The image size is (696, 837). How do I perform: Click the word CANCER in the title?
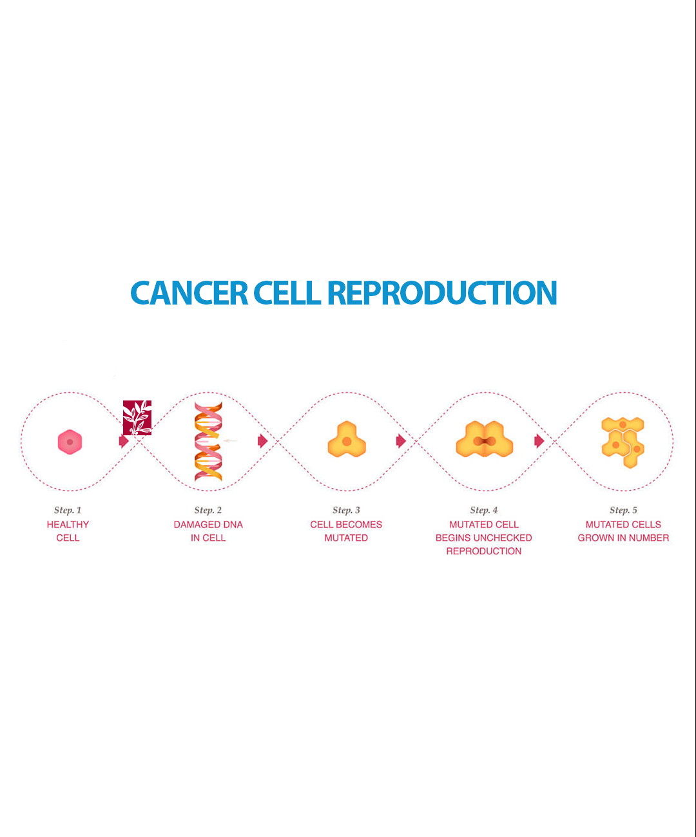click(x=189, y=293)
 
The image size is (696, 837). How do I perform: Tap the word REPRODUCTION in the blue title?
click(x=442, y=293)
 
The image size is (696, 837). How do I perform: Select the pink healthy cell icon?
click(x=70, y=442)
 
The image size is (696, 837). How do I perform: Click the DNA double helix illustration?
click(x=208, y=442)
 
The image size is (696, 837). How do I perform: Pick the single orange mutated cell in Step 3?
click(x=347, y=440)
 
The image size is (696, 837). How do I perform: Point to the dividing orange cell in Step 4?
click(x=485, y=440)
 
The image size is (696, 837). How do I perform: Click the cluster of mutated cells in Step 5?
click(x=623, y=442)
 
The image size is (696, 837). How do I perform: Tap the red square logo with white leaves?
click(x=137, y=418)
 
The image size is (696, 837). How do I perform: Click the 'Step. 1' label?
click(x=68, y=510)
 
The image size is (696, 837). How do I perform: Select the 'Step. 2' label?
click(x=208, y=510)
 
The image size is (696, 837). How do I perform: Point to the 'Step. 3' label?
click(x=346, y=510)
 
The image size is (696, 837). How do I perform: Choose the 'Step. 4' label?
click(x=484, y=510)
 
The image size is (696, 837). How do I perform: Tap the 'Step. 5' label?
click(x=623, y=510)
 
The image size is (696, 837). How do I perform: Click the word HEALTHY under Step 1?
click(x=68, y=525)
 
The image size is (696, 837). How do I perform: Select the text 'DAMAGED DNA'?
click(x=208, y=525)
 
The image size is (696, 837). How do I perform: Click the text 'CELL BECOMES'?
click(x=346, y=525)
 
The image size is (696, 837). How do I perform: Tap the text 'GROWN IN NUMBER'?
click(x=623, y=538)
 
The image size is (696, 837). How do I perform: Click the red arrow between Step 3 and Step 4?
click(x=401, y=441)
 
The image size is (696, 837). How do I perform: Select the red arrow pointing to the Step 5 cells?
click(x=539, y=441)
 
